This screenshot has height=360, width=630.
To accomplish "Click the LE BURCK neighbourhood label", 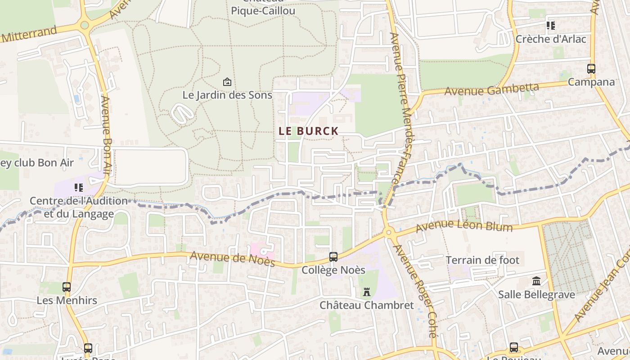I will [x=308, y=131].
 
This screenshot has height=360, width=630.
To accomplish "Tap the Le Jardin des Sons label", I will [x=227, y=95].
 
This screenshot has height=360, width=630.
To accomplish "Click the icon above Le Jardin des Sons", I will [x=227, y=82].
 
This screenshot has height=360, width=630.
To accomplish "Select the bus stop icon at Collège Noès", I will [x=333, y=257].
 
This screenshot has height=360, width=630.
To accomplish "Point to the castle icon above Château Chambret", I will [x=367, y=292].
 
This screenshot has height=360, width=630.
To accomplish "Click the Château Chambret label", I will [x=367, y=305].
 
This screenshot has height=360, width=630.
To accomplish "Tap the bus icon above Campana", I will [x=591, y=69].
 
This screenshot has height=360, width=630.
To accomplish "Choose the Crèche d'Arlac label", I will [x=551, y=39].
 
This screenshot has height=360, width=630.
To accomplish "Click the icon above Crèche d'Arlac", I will [x=551, y=26].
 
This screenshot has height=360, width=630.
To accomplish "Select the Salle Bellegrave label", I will [x=536, y=295].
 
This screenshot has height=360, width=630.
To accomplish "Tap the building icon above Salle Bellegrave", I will [x=536, y=281].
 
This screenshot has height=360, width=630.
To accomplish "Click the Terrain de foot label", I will [x=482, y=260].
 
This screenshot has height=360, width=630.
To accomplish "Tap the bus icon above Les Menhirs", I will [x=67, y=287].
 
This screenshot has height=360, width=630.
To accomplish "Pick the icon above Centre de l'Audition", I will [x=79, y=187].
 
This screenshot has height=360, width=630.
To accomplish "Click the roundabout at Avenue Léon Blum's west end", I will [x=389, y=233].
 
